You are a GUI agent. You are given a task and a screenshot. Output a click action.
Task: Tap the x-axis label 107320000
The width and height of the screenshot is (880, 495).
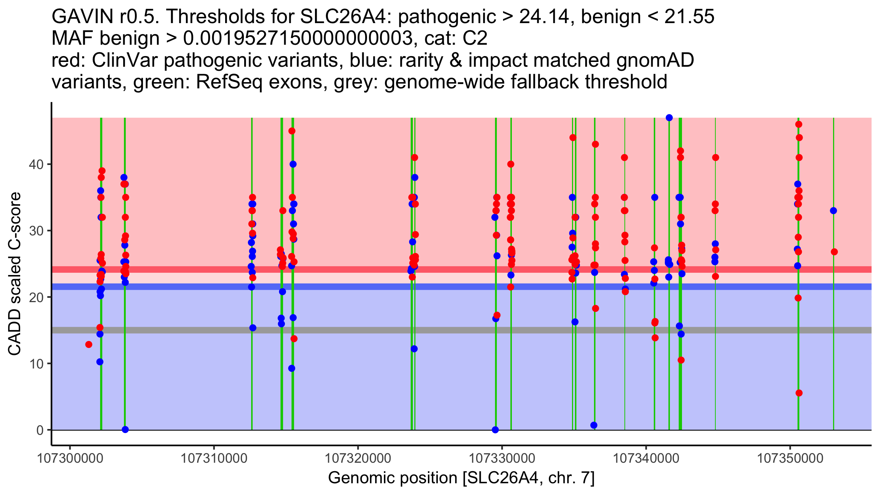point(358,458)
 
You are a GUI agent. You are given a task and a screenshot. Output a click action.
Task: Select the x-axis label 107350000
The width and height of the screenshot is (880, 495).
point(790,458)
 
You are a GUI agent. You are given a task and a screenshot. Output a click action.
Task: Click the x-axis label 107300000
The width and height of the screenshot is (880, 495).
point(70,458)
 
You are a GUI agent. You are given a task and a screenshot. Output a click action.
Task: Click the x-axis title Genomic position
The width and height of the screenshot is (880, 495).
point(461,478)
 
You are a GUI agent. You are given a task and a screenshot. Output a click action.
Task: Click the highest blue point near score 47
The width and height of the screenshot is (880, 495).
point(669,118)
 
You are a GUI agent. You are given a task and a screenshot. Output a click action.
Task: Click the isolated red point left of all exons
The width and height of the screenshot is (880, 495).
point(89,344)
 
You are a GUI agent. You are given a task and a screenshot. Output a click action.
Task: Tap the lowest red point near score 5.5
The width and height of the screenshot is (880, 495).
point(799,393)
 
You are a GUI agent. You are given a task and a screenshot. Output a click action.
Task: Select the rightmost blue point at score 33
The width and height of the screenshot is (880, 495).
point(833,210)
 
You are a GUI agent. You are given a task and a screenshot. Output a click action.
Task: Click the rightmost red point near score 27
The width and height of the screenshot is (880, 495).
point(834,252)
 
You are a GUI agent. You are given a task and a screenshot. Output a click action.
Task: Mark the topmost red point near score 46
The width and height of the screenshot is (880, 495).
point(799,124)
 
